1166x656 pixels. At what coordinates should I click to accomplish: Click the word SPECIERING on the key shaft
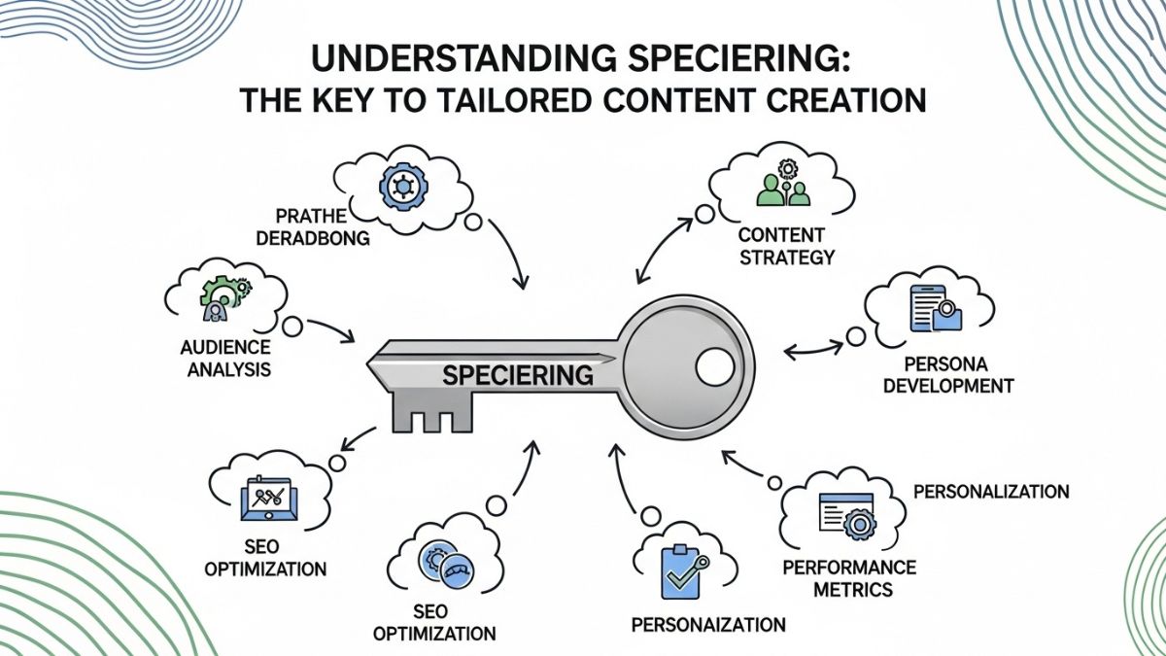point(518,373)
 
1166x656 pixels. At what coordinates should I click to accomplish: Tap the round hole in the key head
point(716,366)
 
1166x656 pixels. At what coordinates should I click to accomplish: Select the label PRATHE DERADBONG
point(324,226)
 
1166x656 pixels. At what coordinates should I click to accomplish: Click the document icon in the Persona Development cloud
point(927,308)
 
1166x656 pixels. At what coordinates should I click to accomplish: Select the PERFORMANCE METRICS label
point(849,577)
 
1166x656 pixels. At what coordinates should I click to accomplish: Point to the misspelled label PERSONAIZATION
point(707,623)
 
